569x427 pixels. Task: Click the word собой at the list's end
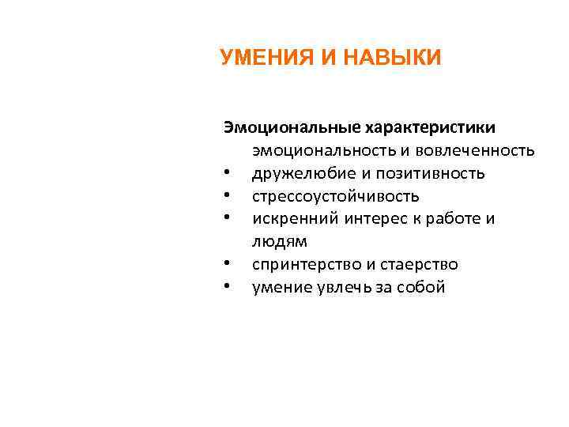pos(424,287)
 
